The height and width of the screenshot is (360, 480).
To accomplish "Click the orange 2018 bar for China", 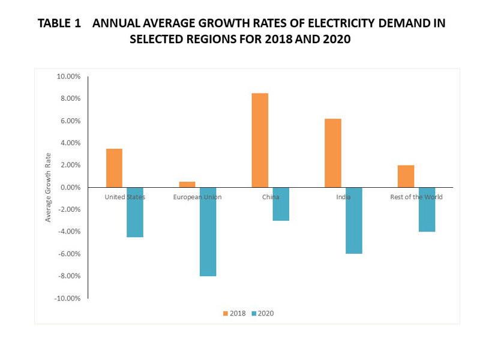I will (x=260, y=140).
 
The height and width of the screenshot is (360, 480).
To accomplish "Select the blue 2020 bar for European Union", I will (x=208, y=232).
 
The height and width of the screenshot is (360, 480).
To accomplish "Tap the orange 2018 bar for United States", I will (x=114, y=168).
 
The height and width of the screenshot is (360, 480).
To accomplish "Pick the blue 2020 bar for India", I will (x=353, y=220).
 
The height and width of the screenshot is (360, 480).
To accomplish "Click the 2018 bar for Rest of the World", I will (x=406, y=176).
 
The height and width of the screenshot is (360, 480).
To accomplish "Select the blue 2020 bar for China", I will (x=281, y=204).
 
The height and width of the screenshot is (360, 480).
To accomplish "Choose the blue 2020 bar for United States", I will (x=135, y=212).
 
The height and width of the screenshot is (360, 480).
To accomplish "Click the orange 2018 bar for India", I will (x=333, y=153).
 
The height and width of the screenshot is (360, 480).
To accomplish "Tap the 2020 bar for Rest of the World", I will (x=427, y=209).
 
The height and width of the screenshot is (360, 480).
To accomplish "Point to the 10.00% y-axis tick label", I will (x=68, y=76).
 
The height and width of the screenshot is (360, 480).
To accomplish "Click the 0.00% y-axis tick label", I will (x=70, y=187).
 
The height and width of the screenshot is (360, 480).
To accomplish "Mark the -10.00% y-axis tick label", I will (x=67, y=298).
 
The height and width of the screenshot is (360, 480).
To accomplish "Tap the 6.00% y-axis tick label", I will (x=70, y=121).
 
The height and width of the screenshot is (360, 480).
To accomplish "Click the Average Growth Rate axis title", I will (x=49, y=187).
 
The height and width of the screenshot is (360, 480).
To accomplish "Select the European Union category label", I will (x=197, y=197).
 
